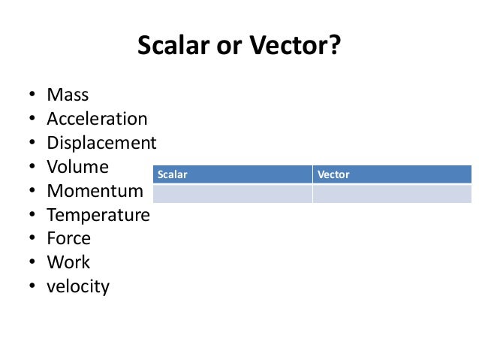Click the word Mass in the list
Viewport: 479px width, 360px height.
point(68,95)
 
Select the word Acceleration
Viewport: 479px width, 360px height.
point(97,119)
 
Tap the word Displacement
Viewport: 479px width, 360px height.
point(101,144)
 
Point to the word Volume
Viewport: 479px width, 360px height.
point(77,167)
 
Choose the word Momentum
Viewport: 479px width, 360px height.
point(94,191)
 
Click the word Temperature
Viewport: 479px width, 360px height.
point(98,216)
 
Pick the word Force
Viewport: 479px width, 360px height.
point(68,239)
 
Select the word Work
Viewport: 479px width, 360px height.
point(68,263)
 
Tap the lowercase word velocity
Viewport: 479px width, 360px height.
point(77,287)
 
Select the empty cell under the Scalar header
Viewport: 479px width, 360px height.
point(231,193)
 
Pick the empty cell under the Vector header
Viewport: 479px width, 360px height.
point(392,193)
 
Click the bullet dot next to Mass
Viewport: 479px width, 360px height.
point(32,96)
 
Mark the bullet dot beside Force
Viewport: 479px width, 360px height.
point(32,240)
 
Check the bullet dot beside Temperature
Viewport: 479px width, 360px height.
point(32,216)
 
